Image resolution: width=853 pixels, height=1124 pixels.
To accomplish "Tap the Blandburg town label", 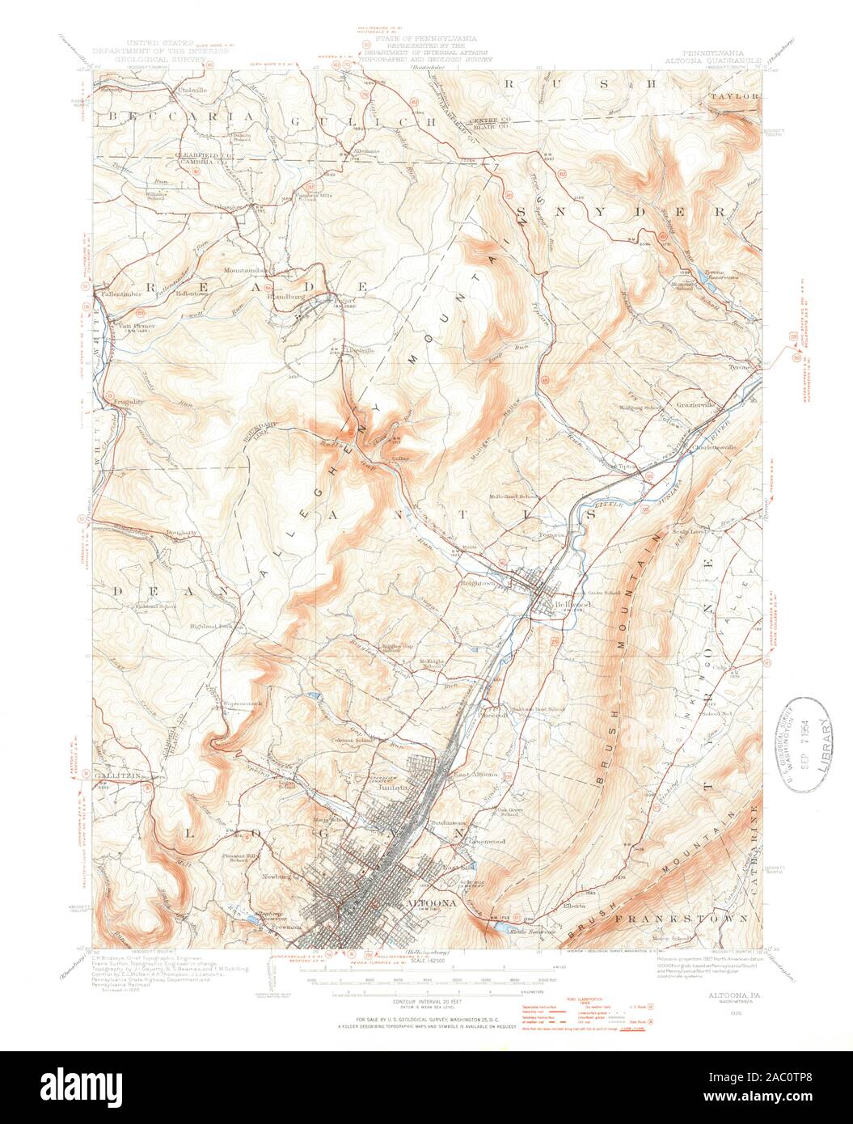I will (287, 295).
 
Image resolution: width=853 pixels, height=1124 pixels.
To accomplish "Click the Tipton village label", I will (628, 466).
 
